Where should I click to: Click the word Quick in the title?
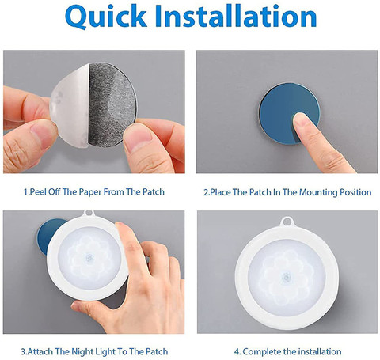[106, 17]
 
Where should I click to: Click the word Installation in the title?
[236, 16]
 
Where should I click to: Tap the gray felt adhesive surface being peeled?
[112, 104]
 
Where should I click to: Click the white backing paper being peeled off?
[70, 105]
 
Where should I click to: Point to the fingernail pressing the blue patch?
[301, 120]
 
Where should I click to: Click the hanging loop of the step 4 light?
[287, 222]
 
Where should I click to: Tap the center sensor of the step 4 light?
[287, 278]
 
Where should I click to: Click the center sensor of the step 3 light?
[89, 257]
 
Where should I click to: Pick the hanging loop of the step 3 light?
[89, 213]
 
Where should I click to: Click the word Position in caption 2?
[355, 192]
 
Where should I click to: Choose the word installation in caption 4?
[320, 351]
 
